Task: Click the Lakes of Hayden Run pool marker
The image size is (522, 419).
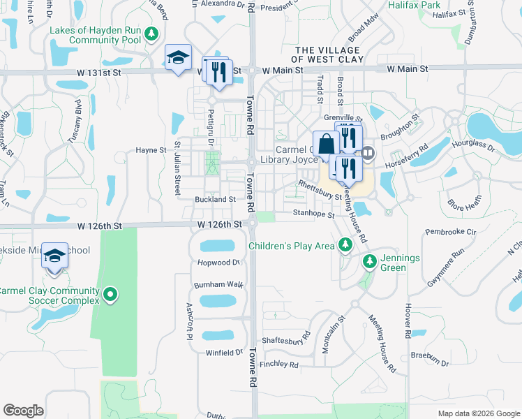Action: click(150, 34)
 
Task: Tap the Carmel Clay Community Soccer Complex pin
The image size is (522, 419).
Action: click(110, 296)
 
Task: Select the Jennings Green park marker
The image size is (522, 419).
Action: click(370, 262)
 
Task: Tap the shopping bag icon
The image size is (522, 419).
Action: click(326, 145)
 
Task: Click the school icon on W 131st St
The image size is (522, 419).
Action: click(178, 58)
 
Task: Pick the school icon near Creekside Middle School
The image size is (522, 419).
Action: click(54, 256)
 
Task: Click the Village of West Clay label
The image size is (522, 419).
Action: click(328, 54)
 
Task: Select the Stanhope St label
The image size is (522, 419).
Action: click(314, 214)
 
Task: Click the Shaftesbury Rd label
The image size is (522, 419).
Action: click(285, 340)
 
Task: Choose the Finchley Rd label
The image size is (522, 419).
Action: click(278, 365)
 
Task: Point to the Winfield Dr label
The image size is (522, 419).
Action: click(224, 353)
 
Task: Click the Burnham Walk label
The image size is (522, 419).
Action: click(219, 285)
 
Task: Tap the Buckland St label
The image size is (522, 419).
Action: click(215, 199)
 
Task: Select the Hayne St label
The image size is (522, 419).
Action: click(151, 150)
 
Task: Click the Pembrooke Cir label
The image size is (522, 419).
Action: click(451, 231)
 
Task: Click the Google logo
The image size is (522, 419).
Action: click(23, 411)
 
